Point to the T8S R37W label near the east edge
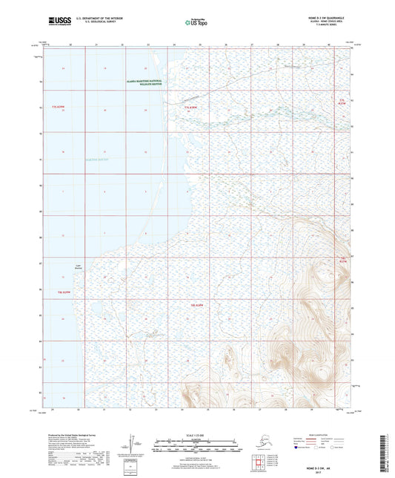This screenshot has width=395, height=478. [x=342, y=261]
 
